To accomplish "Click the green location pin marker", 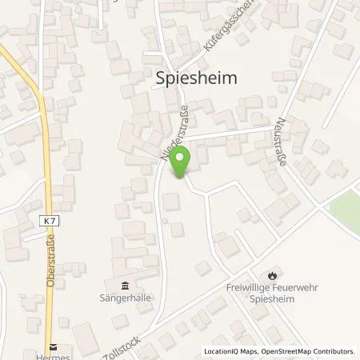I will tap(181, 164).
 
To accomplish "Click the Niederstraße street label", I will tap(174, 128).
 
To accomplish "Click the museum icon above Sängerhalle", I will tap(125, 285).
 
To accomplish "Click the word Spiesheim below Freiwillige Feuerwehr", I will tap(275, 300).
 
